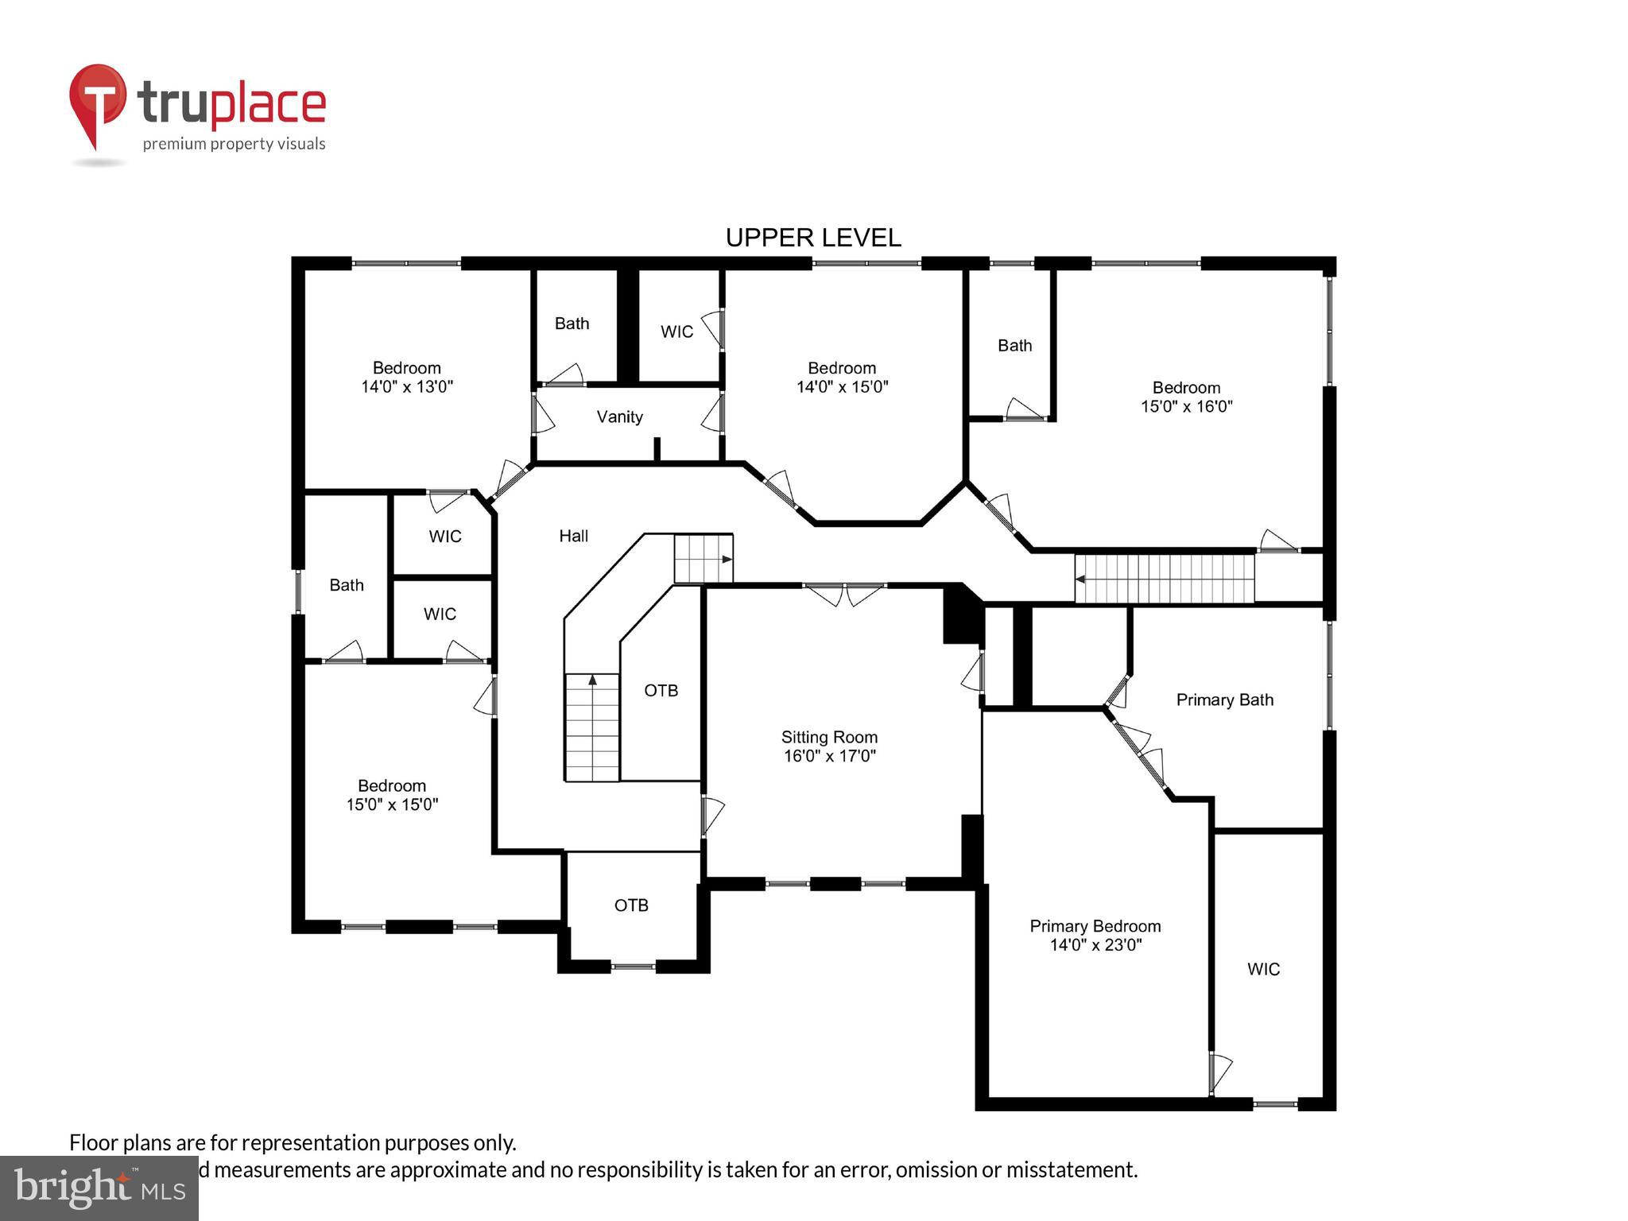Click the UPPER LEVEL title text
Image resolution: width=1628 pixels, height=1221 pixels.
coord(812,238)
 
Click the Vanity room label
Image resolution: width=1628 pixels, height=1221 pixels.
coord(619,417)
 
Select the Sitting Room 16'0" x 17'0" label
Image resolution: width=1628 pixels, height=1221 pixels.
coord(829,746)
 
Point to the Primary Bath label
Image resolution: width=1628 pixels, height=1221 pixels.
coord(1224,700)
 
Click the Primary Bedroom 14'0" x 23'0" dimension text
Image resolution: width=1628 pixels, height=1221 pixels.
coord(1095,945)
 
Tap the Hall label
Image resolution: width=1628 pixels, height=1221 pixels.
coord(573,536)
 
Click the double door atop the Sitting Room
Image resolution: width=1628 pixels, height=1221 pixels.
coord(844,594)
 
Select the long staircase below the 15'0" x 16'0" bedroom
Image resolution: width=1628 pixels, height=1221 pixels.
coord(1164,579)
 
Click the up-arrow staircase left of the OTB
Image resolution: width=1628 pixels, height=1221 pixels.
coord(592,727)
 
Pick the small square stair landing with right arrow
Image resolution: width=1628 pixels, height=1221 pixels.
coord(703,559)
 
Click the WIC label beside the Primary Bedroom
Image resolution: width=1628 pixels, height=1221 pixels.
coord(1263,969)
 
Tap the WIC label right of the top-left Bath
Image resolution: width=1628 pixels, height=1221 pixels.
coord(676,331)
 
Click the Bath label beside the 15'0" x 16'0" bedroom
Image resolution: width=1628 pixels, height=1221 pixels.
coord(1014,345)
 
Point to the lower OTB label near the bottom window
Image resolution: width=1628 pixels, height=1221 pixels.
coord(631,905)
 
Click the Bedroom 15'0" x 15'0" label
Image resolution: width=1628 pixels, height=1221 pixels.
coord(392,795)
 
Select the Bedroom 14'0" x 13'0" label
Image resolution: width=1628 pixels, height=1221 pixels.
coord(406,377)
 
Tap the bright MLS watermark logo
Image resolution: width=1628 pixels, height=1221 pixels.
coord(99,1188)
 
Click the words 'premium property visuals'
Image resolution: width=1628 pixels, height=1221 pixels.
coord(234,144)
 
